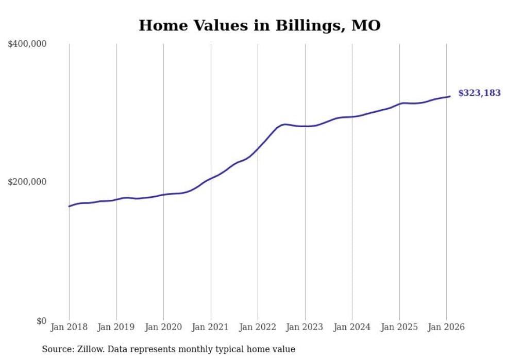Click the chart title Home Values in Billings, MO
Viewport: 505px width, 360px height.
[x=260, y=26]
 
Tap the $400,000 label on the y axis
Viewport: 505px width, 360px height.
[x=27, y=44]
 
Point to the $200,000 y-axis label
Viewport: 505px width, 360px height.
[x=27, y=182]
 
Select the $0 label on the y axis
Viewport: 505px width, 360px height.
[x=41, y=321]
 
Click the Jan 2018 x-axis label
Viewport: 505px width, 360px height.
[x=69, y=327]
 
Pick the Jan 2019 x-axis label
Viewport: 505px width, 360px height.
[x=116, y=327]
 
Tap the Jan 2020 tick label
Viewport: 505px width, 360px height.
[x=163, y=327]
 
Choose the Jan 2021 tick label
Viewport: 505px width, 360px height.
[x=211, y=327]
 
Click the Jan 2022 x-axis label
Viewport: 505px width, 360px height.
[x=258, y=327]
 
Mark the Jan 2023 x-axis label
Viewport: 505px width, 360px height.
[x=305, y=327]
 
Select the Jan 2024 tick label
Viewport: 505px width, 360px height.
[x=352, y=327]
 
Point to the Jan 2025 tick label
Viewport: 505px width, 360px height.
[x=399, y=327]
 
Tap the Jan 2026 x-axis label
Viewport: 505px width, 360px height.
[x=446, y=327]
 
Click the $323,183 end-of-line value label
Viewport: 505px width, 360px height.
[x=479, y=93]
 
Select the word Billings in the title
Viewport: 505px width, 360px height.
[x=305, y=26]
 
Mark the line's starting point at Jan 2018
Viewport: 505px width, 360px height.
[x=70, y=206]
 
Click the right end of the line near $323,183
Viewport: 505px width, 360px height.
[x=450, y=96]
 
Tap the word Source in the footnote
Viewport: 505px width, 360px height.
[x=57, y=349]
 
